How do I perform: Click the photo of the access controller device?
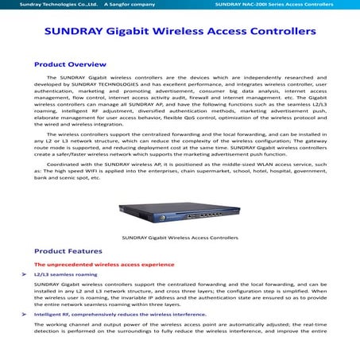(x=180, y=215)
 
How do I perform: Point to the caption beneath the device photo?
(x=180, y=238)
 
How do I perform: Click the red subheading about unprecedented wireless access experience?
(x=103, y=264)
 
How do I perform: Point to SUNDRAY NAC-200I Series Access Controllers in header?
(x=285, y=5)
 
